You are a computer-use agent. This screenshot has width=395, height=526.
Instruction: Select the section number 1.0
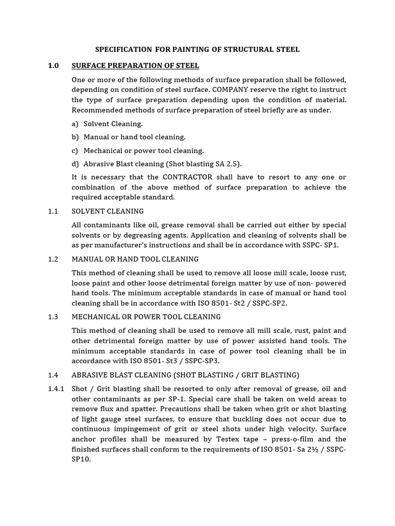(x=53, y=66)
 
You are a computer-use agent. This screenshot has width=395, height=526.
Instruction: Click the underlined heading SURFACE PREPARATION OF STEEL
(x=135, y=66)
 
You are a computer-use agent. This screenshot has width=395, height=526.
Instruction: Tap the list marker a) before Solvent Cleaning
(x=76, y=124)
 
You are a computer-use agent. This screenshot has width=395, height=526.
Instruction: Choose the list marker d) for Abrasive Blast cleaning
(x=76, y=164)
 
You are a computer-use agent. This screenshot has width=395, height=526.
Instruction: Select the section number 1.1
(x=53, y=211)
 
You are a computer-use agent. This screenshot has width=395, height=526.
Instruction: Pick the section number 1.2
(x=53, y=259)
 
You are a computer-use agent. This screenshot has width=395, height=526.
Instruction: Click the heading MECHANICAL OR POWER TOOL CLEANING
(x=146, y=317)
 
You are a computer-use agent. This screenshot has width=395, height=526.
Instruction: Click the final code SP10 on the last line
(x=81, y=459)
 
